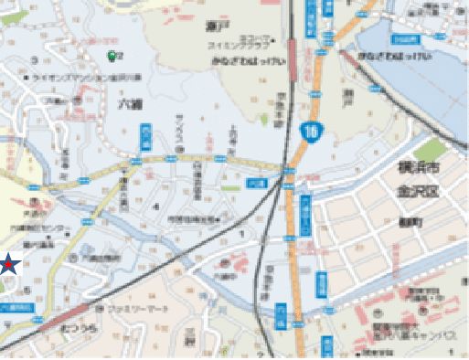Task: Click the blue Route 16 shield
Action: pos(313,131)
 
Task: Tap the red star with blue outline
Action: pos(6,265)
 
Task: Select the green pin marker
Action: pos(113,56)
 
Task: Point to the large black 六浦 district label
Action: pos(131,104)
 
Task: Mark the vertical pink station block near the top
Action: pos(290,54)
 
